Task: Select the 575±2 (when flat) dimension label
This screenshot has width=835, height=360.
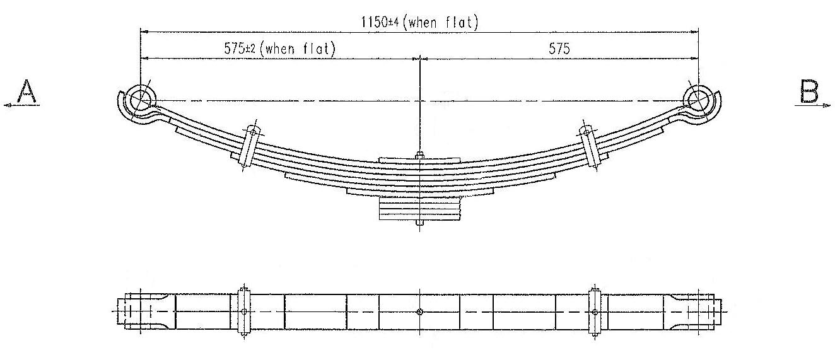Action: pos(279,49)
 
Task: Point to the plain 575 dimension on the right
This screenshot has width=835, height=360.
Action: pos(559,49)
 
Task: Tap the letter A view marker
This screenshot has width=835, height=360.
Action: pos(27,91)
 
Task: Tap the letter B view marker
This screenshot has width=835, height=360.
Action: pos(809,91)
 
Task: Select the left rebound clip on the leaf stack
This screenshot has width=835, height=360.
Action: pos(249,146)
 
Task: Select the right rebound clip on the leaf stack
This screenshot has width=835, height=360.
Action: pos(590,146)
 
